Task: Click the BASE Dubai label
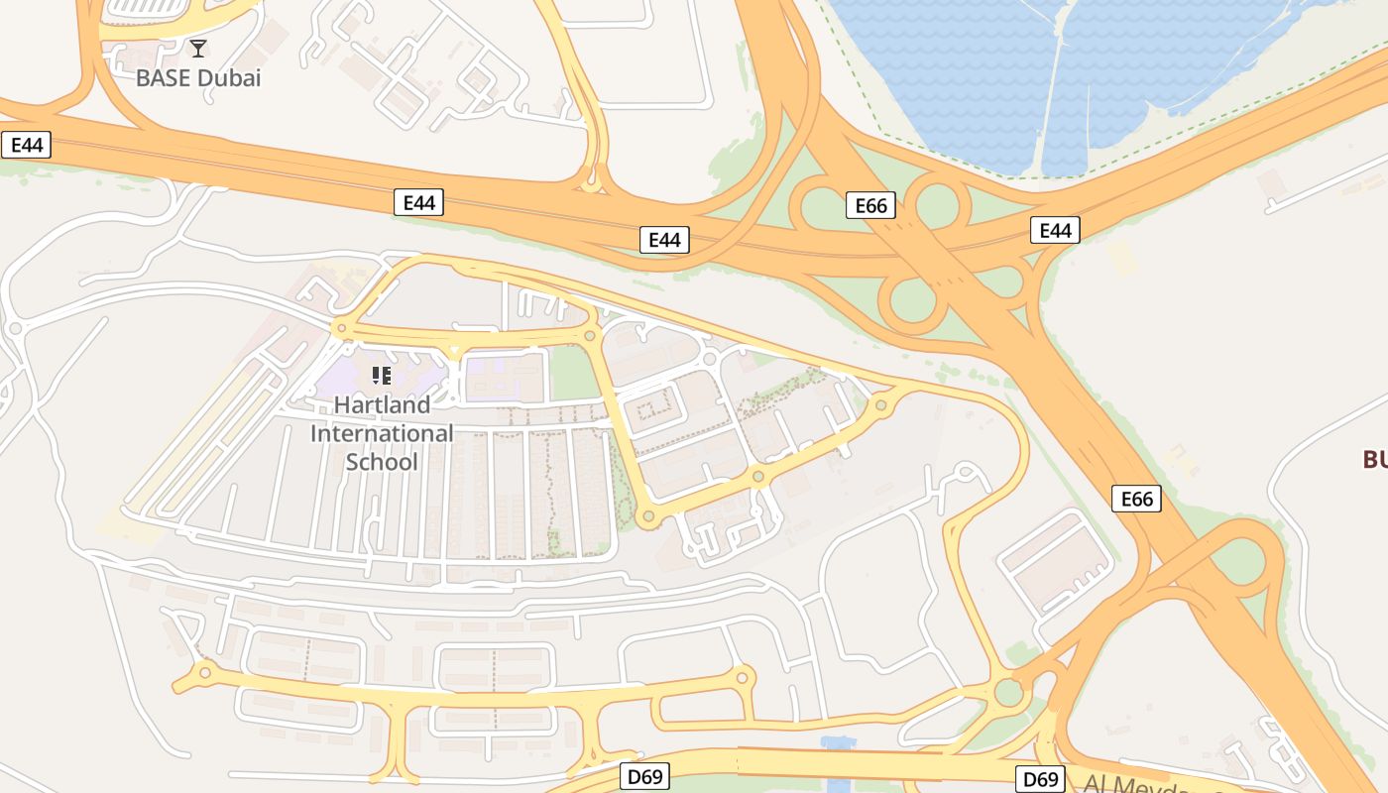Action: (x=198, y=77)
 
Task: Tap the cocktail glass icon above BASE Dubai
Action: (x=198, y=48)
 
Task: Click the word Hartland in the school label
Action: (x=382, y=404)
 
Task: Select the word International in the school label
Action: (x=382, y=433)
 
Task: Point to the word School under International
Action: (x=382, y=462)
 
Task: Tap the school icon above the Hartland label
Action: (x=382, y=375)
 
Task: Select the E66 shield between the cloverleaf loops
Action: (x=870, y=205)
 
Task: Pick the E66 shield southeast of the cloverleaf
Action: (x=1136, y=498)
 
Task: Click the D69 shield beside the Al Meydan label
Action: (x=1040, y=779)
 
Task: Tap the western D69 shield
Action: (x=644, y=776)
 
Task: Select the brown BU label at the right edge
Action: (x=1374, y=459)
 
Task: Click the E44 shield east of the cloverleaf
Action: (x=1054, y=231)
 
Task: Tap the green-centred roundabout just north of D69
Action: (x=1009, y=691)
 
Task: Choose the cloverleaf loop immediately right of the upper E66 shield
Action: (x=937, y=203)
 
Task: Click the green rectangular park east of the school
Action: (x=570, y=372)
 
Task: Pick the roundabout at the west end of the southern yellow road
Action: (x=205, y=672)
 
